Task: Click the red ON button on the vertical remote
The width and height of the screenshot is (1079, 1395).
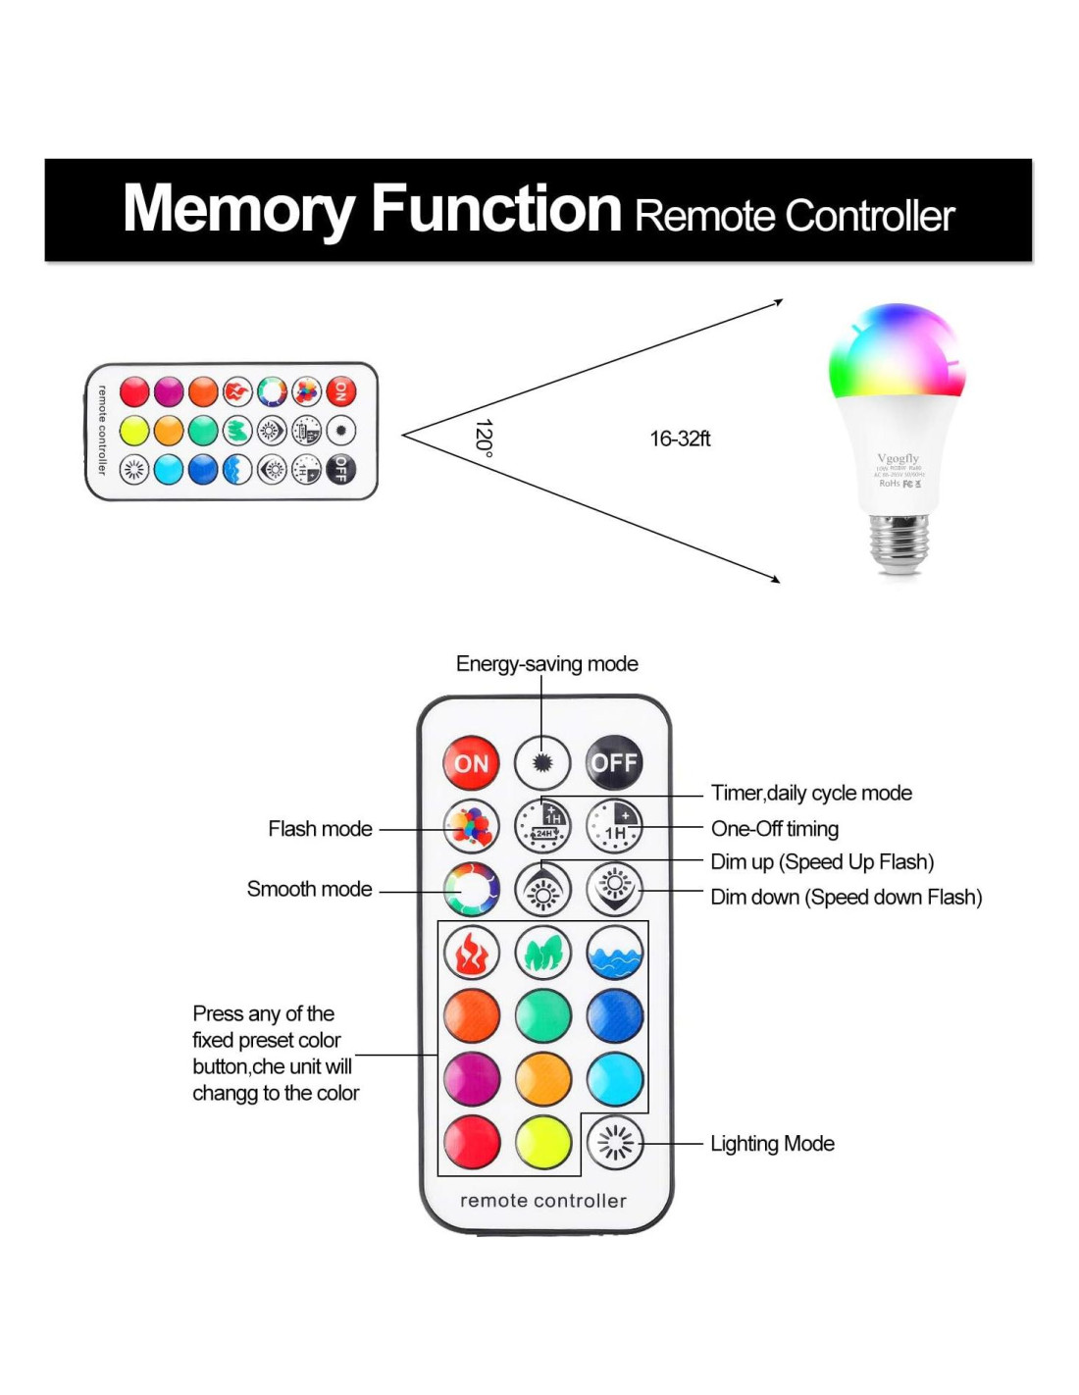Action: click(472, 763)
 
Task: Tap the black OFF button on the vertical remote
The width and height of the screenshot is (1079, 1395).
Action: click(614, 762)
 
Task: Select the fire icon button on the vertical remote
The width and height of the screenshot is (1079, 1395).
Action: click(472, 953)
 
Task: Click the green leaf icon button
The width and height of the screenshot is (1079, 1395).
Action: click(543, 953)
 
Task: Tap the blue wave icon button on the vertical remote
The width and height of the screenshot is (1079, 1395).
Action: click(615, 953)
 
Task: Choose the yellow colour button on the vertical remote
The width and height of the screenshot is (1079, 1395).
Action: click(543, 1143)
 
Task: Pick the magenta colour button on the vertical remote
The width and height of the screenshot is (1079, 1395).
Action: click(472, 1079)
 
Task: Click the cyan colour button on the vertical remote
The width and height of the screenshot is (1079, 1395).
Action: click(615, 1079)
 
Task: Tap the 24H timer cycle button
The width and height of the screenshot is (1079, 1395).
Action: click(543, 825)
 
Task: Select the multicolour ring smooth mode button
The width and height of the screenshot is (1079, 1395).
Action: click(472, 890)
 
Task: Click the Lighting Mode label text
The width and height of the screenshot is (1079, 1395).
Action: click(772, 1144)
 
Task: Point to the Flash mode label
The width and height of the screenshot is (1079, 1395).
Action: click(320, 829)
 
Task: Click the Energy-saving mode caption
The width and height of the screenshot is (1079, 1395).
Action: click(546, 664)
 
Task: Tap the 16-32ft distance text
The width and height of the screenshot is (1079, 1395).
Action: click(680, 439)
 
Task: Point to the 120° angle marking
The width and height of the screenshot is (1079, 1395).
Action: click(484, 437)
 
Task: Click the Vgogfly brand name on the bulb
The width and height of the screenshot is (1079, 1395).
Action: click(899, 458)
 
